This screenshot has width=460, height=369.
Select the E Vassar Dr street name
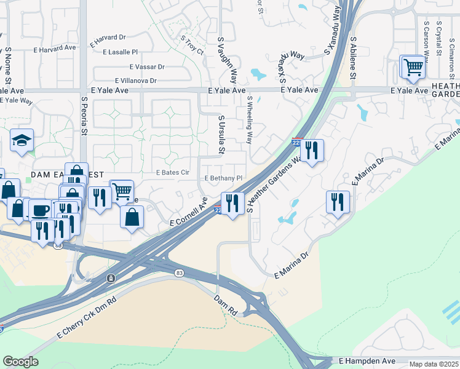148,67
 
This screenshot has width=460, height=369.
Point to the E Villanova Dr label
136,81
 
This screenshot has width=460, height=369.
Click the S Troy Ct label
192,46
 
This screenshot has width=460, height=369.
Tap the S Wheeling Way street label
250,120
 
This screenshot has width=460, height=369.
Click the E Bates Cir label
172,173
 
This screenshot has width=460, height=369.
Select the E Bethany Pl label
224,178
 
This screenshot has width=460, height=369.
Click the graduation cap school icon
22,141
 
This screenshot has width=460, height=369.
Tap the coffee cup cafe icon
41,210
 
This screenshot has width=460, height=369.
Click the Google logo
20,362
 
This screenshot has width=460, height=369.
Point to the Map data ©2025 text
434,364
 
